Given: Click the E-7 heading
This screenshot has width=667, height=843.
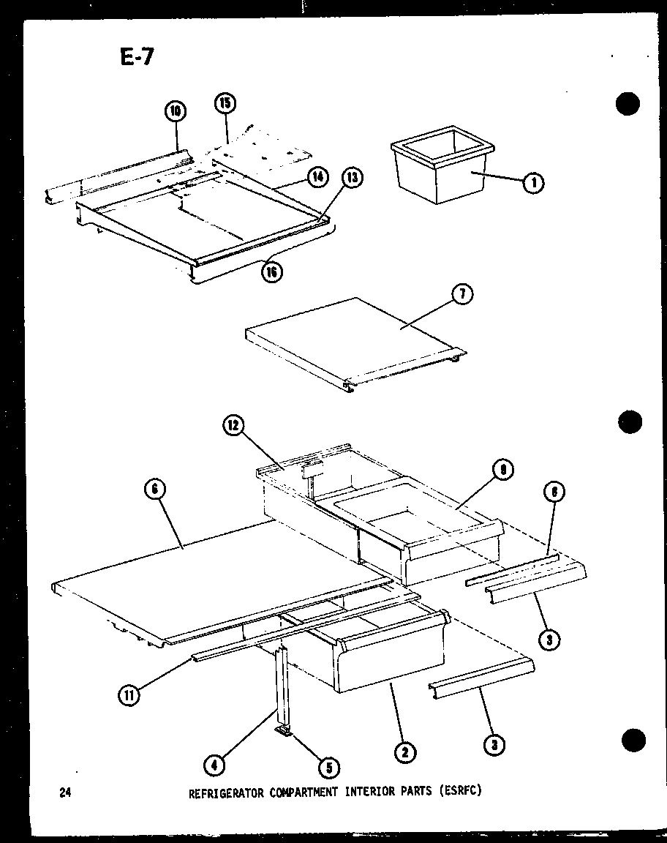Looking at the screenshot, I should (137, 57).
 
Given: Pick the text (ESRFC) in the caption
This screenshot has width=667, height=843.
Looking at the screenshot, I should (462, 791).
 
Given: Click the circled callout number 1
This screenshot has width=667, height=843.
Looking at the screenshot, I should (533, 184).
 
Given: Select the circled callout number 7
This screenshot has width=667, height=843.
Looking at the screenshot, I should (463, 295).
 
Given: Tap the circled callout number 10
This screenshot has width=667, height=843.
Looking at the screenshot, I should (175, 111).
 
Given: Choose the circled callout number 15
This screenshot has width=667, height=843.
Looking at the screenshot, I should (225, 104).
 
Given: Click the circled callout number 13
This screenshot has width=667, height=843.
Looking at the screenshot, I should (353, 178).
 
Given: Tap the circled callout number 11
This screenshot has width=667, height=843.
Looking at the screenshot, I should (129, 695).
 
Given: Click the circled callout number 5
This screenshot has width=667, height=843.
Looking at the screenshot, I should (328, 767).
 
